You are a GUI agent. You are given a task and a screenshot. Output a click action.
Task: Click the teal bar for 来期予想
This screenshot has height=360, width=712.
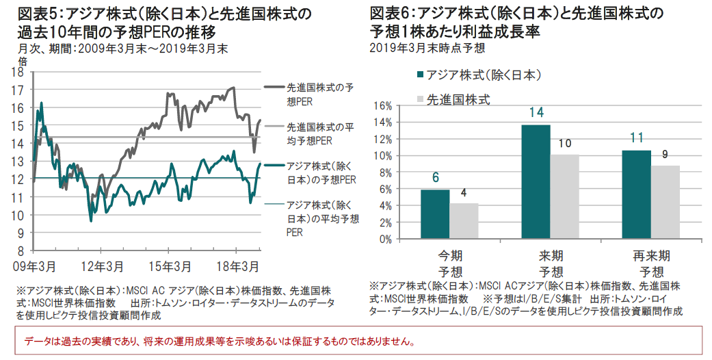pos(536,182)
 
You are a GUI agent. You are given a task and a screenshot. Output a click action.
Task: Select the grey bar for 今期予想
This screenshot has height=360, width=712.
pos(464,221)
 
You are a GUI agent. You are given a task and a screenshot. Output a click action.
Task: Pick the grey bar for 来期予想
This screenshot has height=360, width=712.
pos(565,197)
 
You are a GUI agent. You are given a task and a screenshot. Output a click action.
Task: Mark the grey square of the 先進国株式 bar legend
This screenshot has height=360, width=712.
pos(420,100)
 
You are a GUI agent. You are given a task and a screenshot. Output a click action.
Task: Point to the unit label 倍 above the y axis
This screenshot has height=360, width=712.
pos(23,61)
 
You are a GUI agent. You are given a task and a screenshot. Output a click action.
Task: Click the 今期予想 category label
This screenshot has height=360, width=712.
pos(449,262)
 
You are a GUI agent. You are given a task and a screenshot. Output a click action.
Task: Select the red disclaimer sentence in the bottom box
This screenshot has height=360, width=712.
pos(220,340)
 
